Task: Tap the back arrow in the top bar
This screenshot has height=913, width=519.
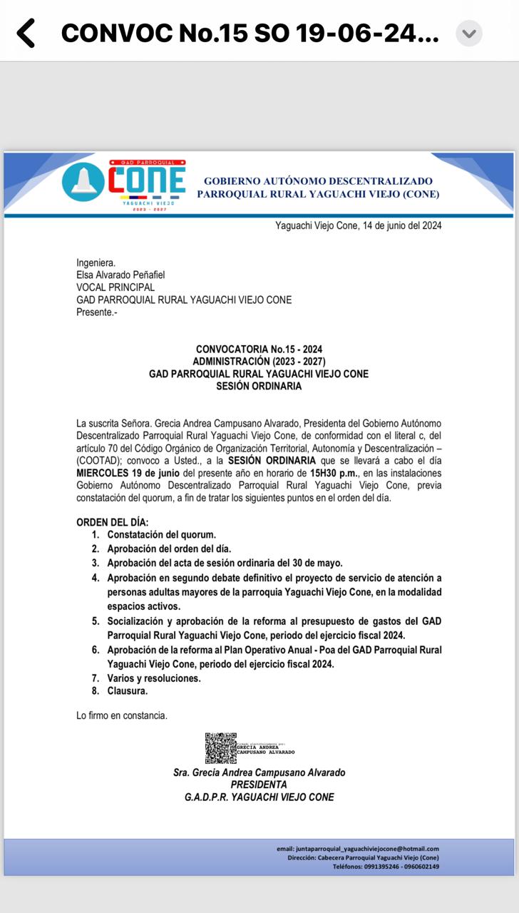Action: pos(26,34)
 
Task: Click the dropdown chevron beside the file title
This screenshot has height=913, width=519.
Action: pos(468,34)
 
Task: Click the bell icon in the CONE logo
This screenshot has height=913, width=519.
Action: pos(83,182)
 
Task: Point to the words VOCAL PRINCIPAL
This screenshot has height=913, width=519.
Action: pos(115,287)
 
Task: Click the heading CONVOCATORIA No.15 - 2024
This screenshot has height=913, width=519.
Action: pos(259,350)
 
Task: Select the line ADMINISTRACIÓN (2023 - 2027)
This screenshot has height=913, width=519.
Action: pos(259,362)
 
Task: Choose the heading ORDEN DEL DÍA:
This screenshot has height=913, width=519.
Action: pos(113,523)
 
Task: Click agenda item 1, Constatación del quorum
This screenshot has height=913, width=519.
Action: pos(161,534)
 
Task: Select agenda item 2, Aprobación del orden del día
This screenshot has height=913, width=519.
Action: pos(169,549)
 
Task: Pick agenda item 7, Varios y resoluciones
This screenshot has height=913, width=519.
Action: pos(154,678)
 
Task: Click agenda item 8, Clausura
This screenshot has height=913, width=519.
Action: pos(128,691)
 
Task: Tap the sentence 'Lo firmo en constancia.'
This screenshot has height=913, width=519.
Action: pos(122,715)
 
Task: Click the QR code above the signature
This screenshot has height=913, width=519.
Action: pos(220,748)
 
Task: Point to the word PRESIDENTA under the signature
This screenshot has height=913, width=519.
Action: pos(259,785)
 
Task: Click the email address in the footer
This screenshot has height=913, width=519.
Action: pos(358,848)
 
